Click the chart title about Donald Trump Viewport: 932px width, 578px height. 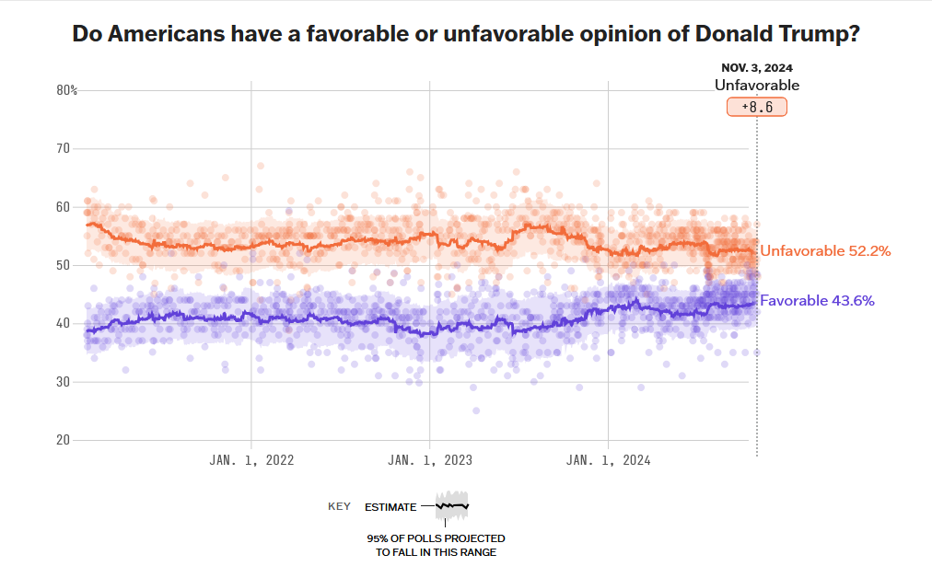[466, 35]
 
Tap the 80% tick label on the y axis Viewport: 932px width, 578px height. [66, 90]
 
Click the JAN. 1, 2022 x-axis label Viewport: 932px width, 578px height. [251, 461]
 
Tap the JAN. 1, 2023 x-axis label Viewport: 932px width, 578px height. [430, 461]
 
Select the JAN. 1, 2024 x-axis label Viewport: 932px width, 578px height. [609, 461]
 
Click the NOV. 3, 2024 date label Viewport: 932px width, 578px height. [757, 67]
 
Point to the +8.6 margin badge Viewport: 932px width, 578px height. [757, 107]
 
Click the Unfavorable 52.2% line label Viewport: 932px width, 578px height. [825, 250]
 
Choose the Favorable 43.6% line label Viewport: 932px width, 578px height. [817, 300]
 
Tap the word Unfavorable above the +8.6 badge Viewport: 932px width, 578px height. [757, 86]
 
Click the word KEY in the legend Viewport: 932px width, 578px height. [339, 506]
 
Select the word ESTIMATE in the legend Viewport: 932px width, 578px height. [390, 507]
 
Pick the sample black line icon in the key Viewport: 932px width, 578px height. [452, 506]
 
